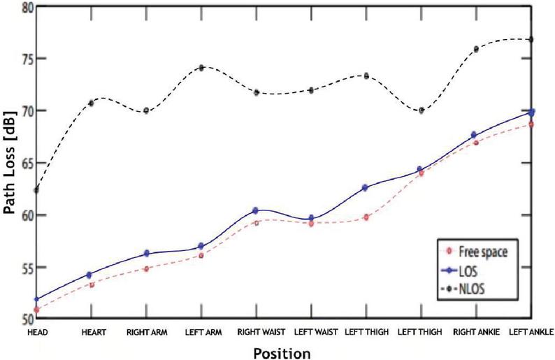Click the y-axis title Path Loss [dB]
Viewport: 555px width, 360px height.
click(10, 163)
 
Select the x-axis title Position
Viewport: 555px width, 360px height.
click(282, 353)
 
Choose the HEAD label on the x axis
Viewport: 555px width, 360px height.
click(38, 333)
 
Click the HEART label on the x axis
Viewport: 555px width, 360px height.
click(94, 333)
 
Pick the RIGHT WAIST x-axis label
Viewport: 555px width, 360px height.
click(261, 332)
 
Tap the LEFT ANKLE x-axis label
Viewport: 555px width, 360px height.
click(531, 332)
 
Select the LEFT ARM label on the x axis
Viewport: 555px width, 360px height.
click(203, 333)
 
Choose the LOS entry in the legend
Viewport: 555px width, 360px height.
click(460, 271)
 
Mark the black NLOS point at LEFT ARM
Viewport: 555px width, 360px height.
click(201, 68)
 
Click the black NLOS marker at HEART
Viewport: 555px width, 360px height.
click(91, 103)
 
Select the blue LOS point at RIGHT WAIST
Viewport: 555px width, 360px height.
click(255, 210)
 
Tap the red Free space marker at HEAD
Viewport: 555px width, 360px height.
click(36, 310)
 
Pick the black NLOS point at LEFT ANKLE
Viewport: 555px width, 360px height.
click(531, 39)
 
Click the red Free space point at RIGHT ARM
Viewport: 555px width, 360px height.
click(146, 268)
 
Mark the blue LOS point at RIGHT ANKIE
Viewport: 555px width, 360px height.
click(474, 134)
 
